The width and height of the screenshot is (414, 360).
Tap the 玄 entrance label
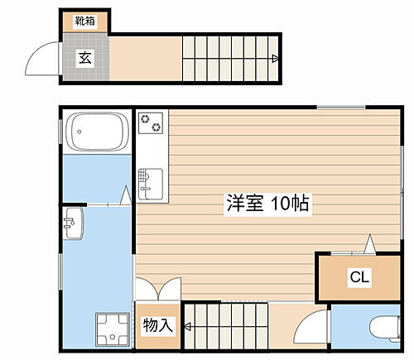(x=84, y=57)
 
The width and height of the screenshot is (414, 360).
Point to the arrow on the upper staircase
(x=274, y=58)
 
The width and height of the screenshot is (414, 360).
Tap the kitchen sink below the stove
(x=152, y=180)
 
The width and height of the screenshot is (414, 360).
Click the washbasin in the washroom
(x=72, y=223)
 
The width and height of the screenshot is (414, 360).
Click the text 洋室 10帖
(x=267, y=204)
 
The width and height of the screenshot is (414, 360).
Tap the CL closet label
(x=359, y=278)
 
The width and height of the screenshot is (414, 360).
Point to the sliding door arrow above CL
(x=370, y=243)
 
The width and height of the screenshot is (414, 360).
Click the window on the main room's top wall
(x=339, y=106)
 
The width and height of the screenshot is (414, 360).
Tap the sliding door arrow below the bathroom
(x=124, y=195)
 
